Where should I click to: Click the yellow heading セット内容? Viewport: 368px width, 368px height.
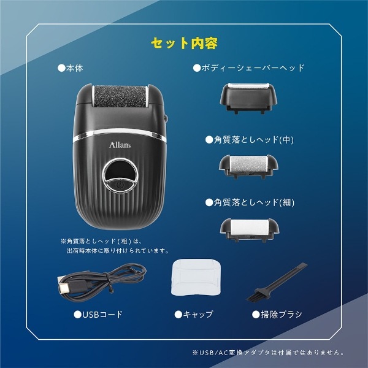coord(184,44)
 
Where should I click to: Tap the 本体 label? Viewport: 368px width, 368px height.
coord(71,68)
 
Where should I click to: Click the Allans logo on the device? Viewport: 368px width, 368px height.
coord(120,145)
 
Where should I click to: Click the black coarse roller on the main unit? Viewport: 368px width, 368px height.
coord(120,96)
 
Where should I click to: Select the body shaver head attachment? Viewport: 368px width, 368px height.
coord(248,98)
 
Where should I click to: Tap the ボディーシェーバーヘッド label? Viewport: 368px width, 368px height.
coord(249,68)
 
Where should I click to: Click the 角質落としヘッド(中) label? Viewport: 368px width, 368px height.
coord(250,140)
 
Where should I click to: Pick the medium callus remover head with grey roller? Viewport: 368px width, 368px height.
coord(248,166)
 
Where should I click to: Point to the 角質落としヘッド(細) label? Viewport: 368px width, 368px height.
coord(250,202)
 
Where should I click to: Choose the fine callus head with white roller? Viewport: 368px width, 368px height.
coord(249,230)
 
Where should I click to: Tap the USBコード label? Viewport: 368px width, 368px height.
coord(98,315)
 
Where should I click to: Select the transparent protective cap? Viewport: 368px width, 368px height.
coord(196,277)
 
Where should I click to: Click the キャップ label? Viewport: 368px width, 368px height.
coord(194,315)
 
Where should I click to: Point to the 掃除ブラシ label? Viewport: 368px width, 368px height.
coord(277,315)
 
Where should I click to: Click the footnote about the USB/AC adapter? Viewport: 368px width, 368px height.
coord(268,352)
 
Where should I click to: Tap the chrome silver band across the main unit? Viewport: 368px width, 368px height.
coord(120,134)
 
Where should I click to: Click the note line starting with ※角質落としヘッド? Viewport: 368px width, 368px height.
coord(102,241)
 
